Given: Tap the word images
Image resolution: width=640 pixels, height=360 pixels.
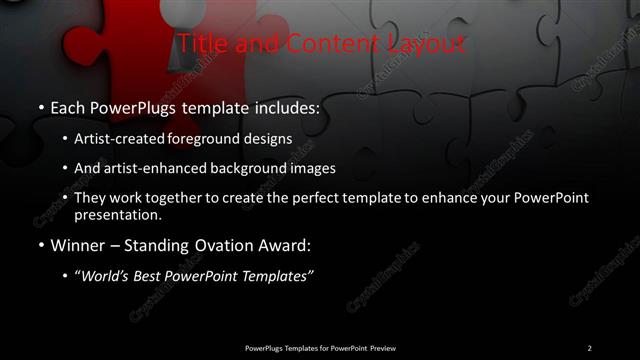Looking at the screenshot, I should pos(315,168).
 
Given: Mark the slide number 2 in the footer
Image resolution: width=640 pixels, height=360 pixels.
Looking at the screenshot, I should pos(590,347).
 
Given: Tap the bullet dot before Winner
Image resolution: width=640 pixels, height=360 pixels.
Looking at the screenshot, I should pos(39,245).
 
